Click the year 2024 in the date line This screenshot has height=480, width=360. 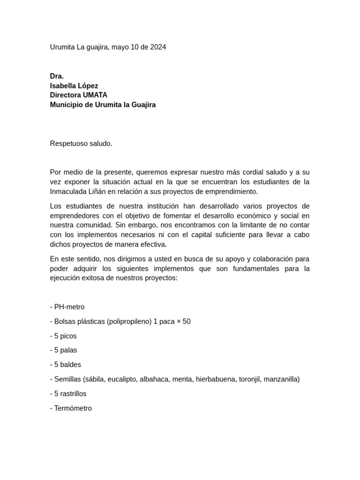(x=158, y=47)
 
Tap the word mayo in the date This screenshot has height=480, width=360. (x=120, y=47)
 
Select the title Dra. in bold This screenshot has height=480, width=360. (x=57, y=76)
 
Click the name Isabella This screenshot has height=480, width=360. (x=64, y=86)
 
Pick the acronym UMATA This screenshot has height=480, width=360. (x=94, y=95)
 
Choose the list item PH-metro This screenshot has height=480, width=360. (x=69, y=307)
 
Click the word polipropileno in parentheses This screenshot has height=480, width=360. (x=129, y=322)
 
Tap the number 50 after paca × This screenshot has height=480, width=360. (x=187, y=322)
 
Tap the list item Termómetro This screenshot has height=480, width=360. (x=73, y=408)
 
